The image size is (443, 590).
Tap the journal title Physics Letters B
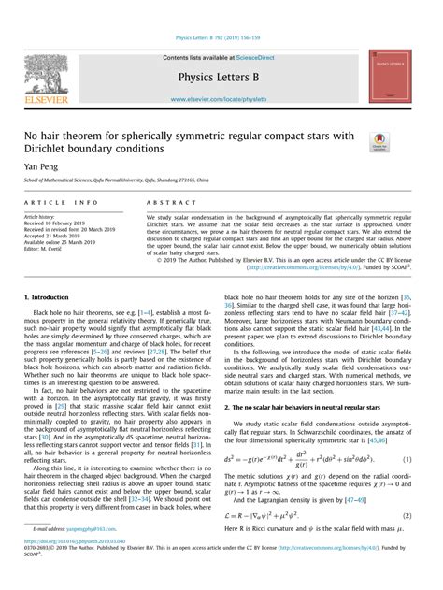[220, 74]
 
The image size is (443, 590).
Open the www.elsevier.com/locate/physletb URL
[220, 95]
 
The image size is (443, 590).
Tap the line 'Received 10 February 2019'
[64, 223]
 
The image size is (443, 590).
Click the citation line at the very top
[220, 38]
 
